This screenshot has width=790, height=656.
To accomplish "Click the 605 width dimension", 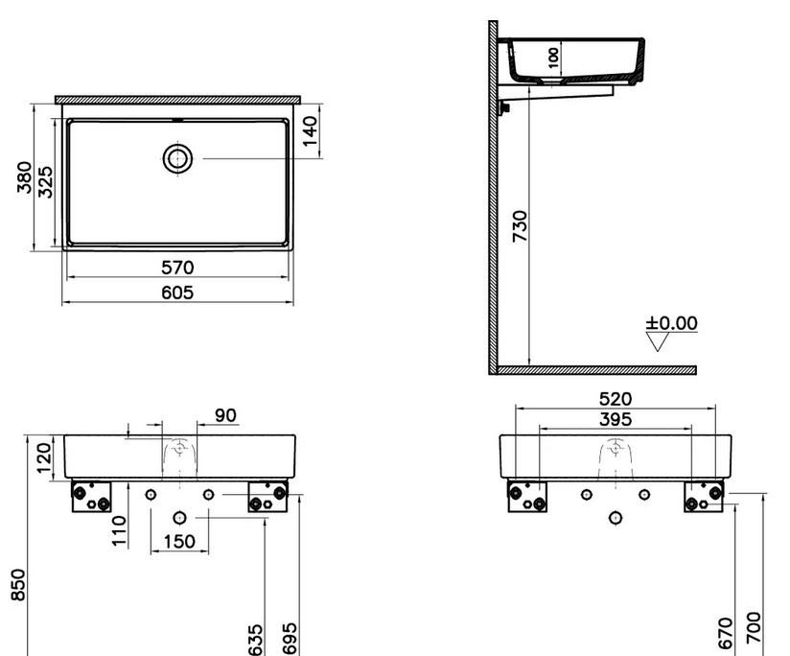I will [x=177, y=292].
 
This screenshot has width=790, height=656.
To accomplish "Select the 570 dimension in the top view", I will [x=177, y=268].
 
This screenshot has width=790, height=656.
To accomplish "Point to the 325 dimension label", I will [x=45, y=180].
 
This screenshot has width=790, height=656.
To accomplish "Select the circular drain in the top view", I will [x=177, y=158].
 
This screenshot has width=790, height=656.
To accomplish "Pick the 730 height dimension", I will [x=520, y=226].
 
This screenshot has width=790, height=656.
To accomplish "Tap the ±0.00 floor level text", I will [x=671, y=323].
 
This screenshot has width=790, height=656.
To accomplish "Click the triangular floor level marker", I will [x=657, y=341].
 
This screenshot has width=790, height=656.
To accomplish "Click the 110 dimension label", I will [x=120, y=529].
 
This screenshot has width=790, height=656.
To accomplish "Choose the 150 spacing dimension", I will [x=178, y=541].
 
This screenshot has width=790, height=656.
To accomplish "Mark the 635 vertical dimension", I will [x=256, y=638].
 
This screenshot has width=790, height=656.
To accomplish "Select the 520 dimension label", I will [x=616, y=398].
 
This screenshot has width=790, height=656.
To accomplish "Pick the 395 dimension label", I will [x=616, y=419].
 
